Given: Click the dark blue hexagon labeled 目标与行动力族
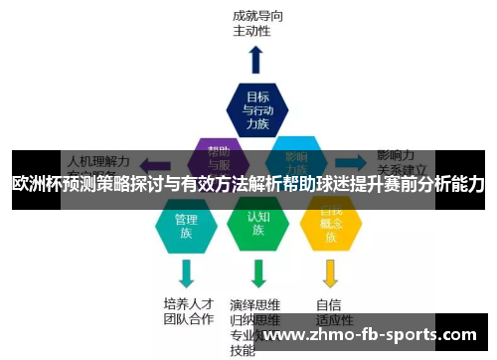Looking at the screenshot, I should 257,109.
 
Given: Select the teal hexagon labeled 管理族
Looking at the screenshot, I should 186,226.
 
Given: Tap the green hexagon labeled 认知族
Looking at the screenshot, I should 257,226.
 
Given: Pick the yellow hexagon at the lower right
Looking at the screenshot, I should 330,226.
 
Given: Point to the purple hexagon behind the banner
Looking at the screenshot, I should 221,159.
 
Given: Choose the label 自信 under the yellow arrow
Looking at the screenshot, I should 329,304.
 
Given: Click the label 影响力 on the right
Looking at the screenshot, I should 396,155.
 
